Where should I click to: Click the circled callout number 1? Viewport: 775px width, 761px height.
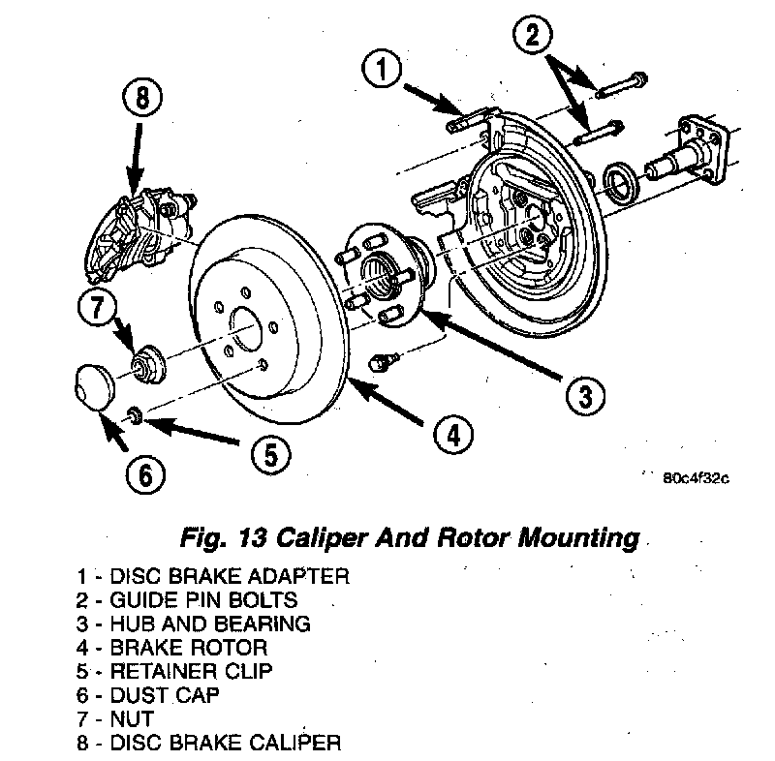(x=384, y=71)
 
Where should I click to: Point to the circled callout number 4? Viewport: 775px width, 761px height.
(x=452, y=436)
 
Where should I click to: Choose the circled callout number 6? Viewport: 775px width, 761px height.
(x=143, y=475)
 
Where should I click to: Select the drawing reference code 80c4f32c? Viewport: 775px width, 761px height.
(x=696, y=477)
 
